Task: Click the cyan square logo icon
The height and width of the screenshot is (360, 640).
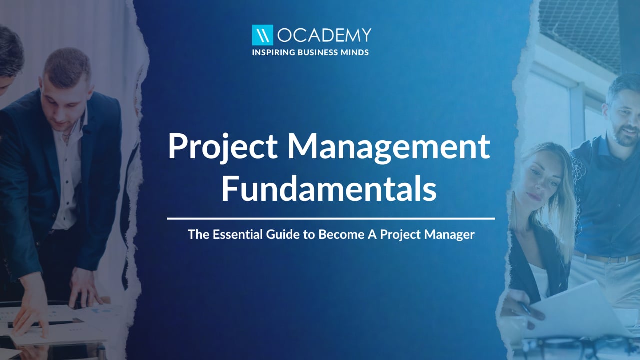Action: (262, 35)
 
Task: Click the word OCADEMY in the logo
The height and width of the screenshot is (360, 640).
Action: (324, 35)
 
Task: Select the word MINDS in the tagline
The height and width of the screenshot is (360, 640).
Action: (355, 52)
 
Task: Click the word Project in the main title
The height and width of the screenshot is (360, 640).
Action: (223, 147)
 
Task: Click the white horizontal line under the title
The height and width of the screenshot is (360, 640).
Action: (331, 219)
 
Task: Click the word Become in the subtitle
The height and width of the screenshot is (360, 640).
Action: (341, 234)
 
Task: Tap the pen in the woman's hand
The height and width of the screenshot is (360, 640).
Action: (525, 308)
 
